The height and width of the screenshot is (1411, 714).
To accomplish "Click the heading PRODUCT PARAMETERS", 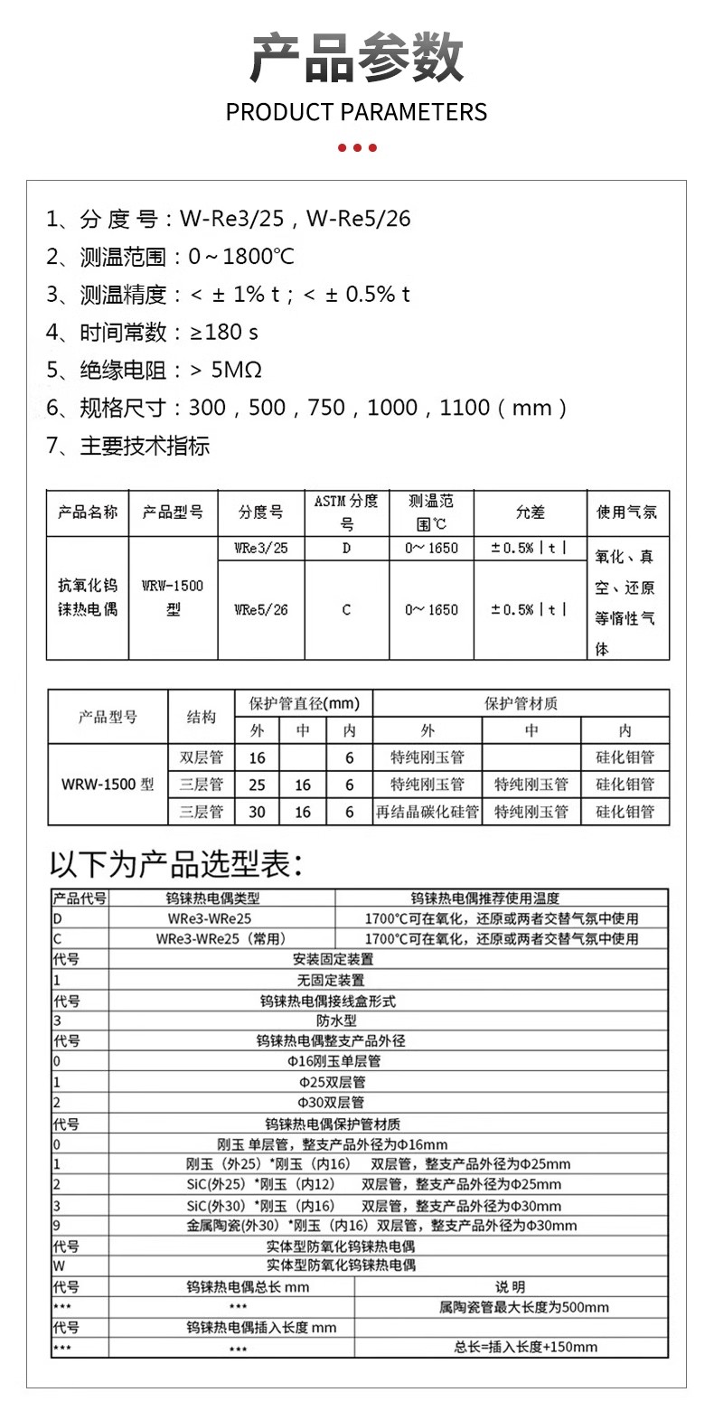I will (x=356, y=112).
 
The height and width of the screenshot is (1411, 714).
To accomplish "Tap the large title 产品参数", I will (x=356, y=59).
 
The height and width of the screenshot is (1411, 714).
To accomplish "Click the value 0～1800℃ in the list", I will (x=241, y=257).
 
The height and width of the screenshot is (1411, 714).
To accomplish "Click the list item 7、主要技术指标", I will (x=127, y=446).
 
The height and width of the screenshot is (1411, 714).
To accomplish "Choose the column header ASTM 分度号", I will (x=346, y=512).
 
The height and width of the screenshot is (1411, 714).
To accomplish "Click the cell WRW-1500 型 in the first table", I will (x=173, y=597).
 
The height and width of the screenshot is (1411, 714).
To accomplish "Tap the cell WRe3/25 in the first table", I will (x=261, y=549).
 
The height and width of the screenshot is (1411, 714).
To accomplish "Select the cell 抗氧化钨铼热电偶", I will (x=88, y=597).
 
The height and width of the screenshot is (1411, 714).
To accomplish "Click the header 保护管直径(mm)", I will (x=304, y=703).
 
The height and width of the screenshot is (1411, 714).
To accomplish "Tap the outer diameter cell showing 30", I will (x=258, y=812).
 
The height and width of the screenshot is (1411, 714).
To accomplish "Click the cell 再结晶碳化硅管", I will (x=427, y=812).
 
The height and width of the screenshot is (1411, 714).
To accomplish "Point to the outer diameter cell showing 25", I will (x=258, y=785).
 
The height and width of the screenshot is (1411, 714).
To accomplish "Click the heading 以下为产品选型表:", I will (x=175, y=864).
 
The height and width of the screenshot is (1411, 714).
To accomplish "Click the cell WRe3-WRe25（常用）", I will (x=221, y=939).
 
